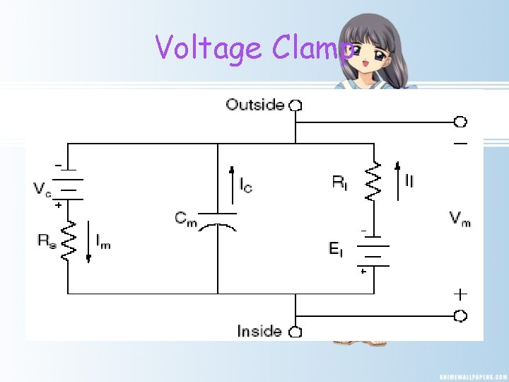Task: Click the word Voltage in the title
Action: point(209,49)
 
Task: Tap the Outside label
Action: point(255,105)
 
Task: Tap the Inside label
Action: point(259,331)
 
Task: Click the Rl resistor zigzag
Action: point(373,183)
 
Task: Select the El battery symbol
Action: point(373,251)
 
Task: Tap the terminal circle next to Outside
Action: point(296,105)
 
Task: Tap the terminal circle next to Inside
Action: point(296,331)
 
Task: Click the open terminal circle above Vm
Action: point(460,122)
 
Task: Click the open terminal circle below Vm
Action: point(460,316)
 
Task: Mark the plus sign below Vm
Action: point(460,293)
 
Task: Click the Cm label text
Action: point(185,218)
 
